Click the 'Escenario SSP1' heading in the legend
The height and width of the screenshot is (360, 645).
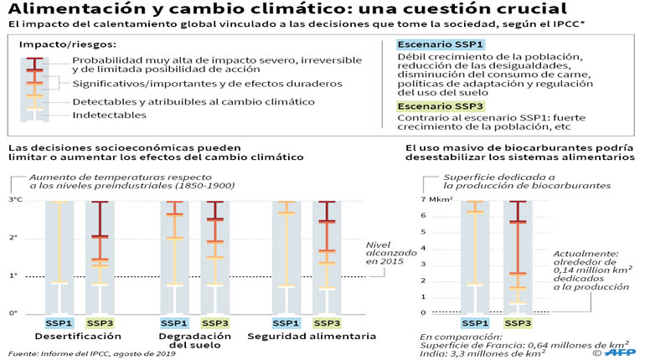[x=440, y=44]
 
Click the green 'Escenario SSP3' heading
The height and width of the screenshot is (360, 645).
[x=440, y=106]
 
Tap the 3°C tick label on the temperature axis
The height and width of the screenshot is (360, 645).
[x=16, y=200]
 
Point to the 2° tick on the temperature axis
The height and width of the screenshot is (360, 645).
[x=13, y=238]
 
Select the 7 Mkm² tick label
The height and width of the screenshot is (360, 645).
[x=437, y=199]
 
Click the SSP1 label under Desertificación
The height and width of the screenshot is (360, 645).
[x=59, y=323]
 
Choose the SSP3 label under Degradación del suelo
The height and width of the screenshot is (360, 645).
[x=215, y=323]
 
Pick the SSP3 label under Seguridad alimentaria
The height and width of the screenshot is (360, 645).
[x=327, y=323]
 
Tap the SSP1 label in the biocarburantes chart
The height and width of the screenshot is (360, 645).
[x=475, y=323]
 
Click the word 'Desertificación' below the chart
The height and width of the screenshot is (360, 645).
[x=78, y=337]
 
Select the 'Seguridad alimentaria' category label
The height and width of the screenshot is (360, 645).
[x=312, y=337]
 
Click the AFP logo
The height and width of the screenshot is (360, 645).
[x=621, y=352]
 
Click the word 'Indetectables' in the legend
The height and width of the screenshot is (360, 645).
[x=110, y=115]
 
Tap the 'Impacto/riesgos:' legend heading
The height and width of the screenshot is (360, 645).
[x=68, y=44]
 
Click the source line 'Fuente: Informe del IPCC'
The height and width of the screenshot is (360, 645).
[x=92, y=353]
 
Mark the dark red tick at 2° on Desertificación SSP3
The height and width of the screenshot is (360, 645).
[x=100, y=237]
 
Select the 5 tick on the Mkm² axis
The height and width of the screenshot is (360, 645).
[x=423, y=232]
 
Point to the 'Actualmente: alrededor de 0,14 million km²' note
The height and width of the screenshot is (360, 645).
[x=591, y=270]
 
